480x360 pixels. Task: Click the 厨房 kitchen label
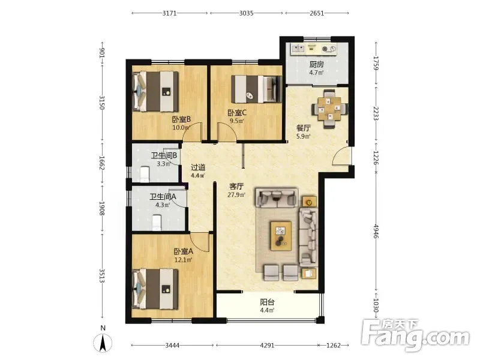(x=316, y=64)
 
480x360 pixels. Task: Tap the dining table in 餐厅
(x=329, y=109)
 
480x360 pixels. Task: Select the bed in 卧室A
(x=155, y=289)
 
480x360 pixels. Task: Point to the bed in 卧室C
(x=257, y=89)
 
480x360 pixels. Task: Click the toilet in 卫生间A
(x=157, y=223)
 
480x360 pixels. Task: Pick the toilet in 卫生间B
(x=145, y=175)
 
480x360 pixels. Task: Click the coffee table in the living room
(x=281, y=236)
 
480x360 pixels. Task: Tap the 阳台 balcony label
(x=267, y=302)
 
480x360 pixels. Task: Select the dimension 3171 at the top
(x=169, y=13)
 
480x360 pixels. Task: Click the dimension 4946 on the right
(x=376, y=232)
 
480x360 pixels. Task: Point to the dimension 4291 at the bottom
(x=267, y=346)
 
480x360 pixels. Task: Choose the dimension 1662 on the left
(x=102, y=163)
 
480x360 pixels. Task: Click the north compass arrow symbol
(x=103, y=343)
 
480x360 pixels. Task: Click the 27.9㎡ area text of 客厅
(x=236, y=194)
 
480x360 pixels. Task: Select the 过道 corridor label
(x=198, y=167)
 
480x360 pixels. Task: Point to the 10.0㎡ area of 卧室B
(x=181, y=127)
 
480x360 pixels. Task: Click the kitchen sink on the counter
(x=298, y=49)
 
